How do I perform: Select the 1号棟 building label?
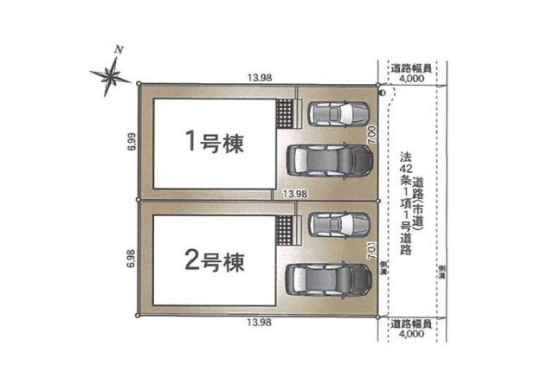[211, 142]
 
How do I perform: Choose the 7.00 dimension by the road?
[370, 134]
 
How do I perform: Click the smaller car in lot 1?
[339, 113]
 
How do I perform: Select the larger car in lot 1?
[329, 161]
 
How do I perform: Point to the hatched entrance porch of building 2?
[286, 231]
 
